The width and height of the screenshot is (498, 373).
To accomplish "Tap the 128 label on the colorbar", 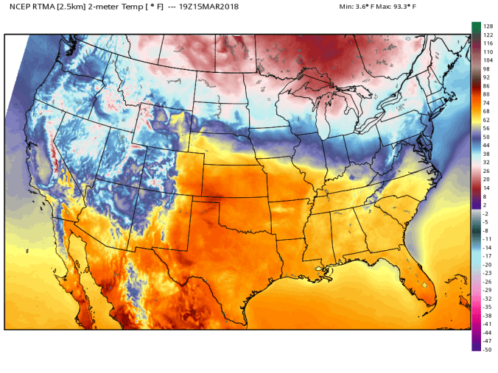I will click(488, 26).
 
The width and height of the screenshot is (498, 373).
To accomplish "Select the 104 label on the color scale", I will click(488, 60).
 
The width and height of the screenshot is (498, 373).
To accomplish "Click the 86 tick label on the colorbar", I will click(488, 85).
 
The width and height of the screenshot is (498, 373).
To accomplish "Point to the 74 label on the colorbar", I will click(488, 102).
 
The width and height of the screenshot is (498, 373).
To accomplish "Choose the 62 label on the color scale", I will click(488, 119).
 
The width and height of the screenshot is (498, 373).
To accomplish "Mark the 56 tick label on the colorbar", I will click(488, 128).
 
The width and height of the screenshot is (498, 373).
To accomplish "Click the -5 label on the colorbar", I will click(488, 222).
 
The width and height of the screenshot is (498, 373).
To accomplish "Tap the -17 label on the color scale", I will click(488, 256).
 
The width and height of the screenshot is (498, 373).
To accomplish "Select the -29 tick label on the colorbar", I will click(488, 290).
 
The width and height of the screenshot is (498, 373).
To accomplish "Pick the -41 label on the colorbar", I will click(488, 324).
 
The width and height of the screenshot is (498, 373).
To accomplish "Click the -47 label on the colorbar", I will click(488, 341).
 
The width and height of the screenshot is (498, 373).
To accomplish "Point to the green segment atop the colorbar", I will click(477, 27).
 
